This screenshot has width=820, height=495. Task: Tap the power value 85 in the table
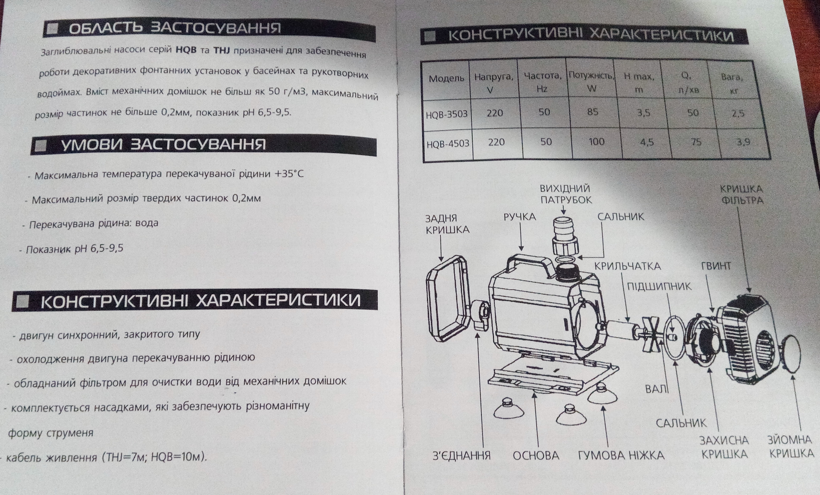pos(593,111)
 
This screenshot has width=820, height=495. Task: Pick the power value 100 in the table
pos(596,142)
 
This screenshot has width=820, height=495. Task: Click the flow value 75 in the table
pos(696,142)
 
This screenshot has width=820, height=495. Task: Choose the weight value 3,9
pos(743,142)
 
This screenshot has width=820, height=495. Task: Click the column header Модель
pos(446,78)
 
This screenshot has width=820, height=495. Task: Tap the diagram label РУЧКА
pos(519,217)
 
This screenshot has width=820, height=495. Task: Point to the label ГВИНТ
pos(716,266)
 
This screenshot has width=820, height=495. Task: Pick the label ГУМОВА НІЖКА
pos(621,455)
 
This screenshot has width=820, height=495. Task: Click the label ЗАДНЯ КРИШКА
pos(447,224)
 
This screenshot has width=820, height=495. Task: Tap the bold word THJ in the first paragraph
pos(222,51)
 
